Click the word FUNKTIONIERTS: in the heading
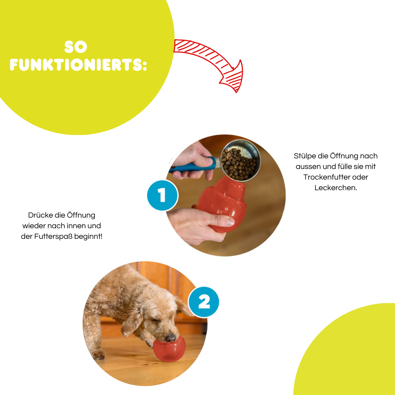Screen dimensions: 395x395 pos(78,65)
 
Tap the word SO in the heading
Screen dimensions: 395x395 pos(76,47)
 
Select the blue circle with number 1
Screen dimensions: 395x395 pos(162,195)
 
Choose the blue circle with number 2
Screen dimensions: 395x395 pos(204,302)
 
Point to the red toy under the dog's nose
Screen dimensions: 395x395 pos(169,349)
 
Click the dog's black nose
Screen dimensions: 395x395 pos(170,338)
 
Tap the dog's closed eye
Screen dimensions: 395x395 pos(155,320)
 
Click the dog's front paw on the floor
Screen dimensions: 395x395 pos(98,354)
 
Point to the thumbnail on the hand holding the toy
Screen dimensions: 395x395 pos(231,222)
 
